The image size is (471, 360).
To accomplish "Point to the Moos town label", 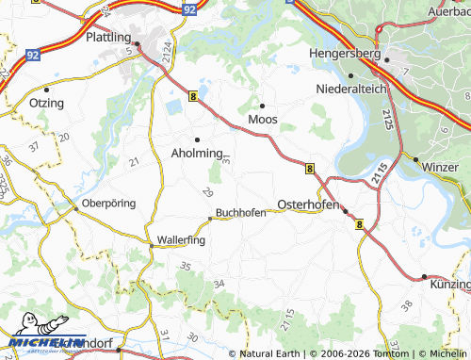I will point(263,120).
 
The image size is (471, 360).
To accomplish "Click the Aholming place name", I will point(197,153).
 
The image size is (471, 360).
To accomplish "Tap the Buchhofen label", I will point(241,212).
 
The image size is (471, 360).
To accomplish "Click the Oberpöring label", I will point(109,203).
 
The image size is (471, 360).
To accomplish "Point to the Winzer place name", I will point(440,167).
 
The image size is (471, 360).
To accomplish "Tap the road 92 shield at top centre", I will point(190,8).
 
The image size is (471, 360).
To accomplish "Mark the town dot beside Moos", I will point(262,104).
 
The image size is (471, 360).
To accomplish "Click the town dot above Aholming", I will point(197,139).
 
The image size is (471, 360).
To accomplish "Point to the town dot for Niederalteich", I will point(349,75).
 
